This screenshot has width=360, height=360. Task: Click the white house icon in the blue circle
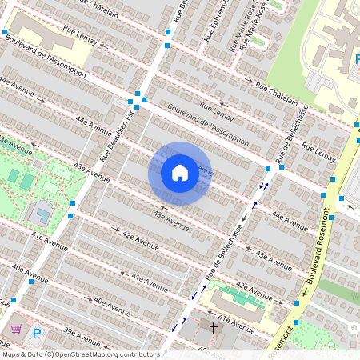pyautogui.click(x=179, y=173)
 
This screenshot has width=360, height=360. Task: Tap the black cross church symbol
pyautogui.click(x=214, y=327)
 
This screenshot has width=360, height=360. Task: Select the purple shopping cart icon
pyautogui.click(x=16, y=328)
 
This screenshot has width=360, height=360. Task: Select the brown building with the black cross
pyautogui.click(x=204, y=333)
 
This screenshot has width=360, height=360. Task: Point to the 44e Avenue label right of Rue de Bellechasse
pyautogui.click(x=290, y=221)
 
